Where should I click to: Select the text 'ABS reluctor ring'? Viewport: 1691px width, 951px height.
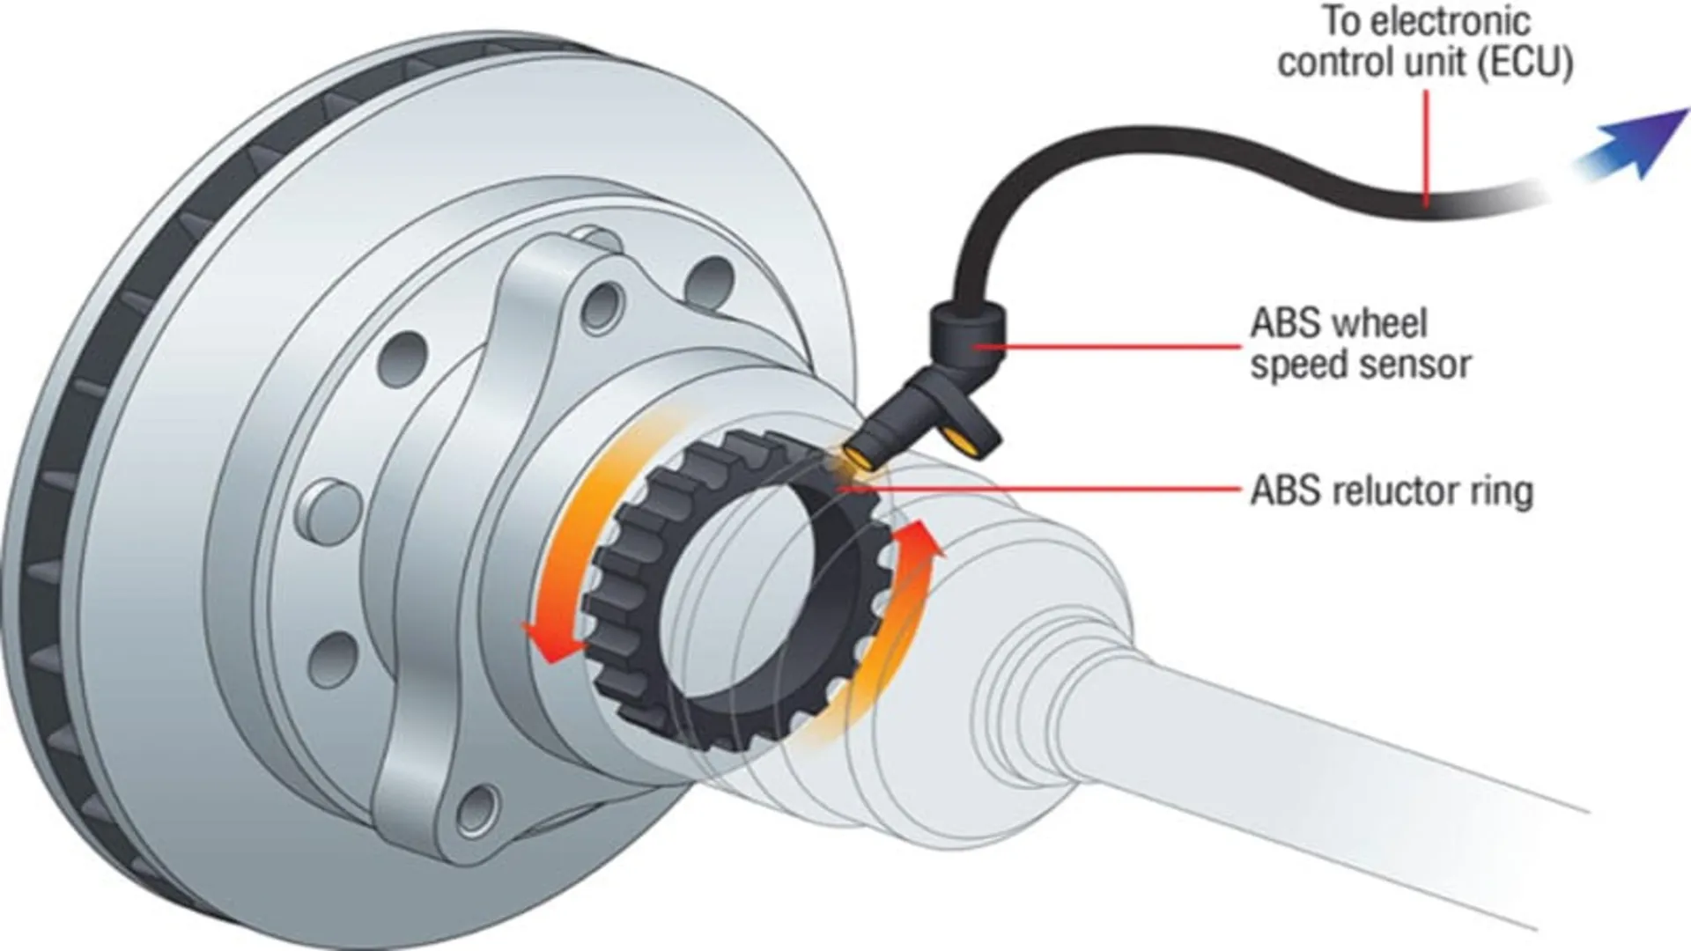coord(1392,491)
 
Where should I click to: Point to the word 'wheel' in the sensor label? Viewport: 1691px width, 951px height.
coord(1385,323)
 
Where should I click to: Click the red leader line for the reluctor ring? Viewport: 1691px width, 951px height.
coord(1057,490)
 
